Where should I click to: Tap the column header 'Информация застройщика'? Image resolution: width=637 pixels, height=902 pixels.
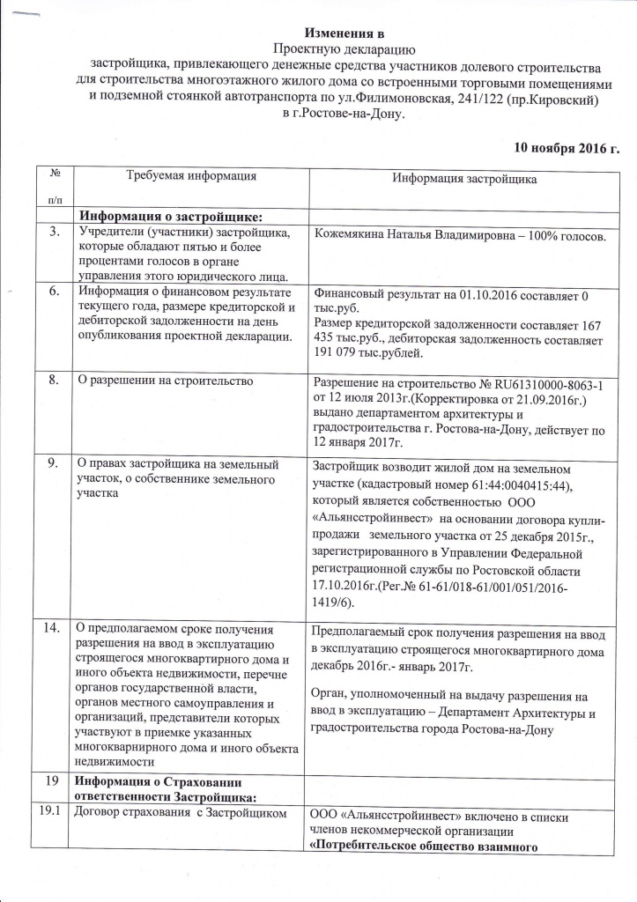click(x=464, y=180)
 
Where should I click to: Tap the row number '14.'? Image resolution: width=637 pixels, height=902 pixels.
click(x=56, y=628)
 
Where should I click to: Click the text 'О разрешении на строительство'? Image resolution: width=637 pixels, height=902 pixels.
click(x=166, y=381)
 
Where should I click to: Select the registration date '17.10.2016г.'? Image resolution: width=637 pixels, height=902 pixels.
click(x=348, y=585)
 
